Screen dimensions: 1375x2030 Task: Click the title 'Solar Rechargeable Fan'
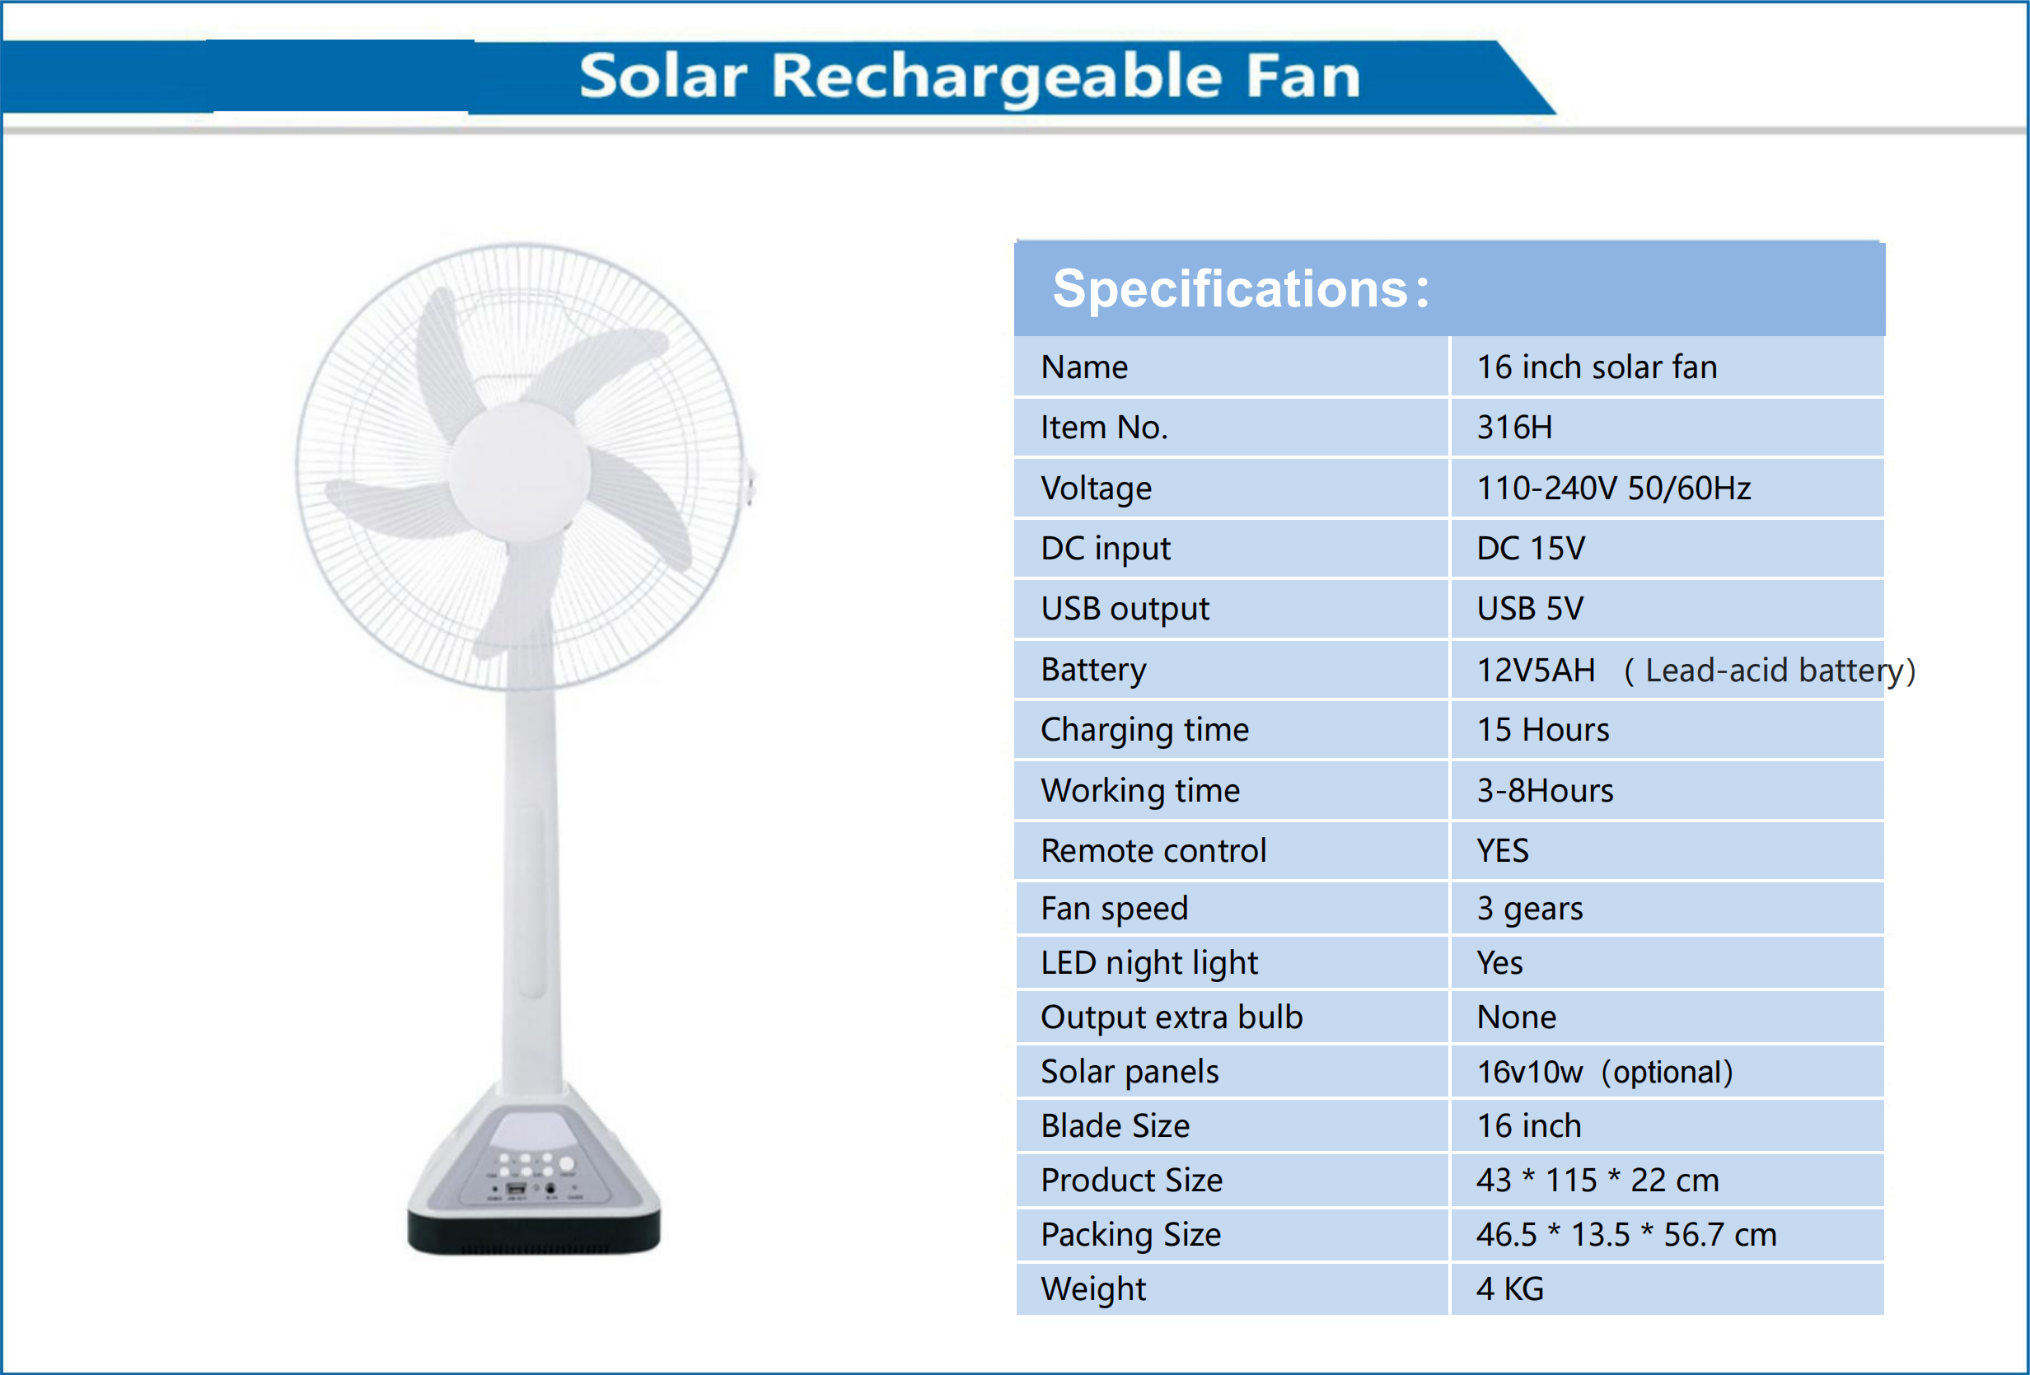[x=970, y=76]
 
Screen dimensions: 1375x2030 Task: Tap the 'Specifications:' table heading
[x=1241, y=289]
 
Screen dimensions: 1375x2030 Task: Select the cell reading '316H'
[x=1514, y=428]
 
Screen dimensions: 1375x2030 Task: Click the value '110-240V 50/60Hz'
[x=1613, y=489]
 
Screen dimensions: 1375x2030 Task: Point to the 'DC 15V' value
[x=1531, y=549]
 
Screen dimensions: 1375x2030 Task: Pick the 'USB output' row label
[x=1125, y=609]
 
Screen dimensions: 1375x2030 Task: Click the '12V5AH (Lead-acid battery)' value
[x=1695, y=670]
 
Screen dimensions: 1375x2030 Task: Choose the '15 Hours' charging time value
[x=1542, y=729]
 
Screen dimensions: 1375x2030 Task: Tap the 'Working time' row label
[x=1140, y=791]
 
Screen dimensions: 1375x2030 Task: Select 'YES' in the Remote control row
[x=1503, y=851]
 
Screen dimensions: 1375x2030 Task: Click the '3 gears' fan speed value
[x=1529, y=909]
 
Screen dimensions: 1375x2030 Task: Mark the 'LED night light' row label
[x=1148, y=963]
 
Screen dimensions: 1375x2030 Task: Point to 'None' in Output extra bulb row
[x=1517, y=1017]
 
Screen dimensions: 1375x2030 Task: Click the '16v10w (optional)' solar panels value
[x=1605, y=1072]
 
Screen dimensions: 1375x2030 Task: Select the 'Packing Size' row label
[x=1130, y=1234]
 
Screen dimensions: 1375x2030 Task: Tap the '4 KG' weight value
[x=1510, y=1289]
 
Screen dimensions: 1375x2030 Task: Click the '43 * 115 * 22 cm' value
[x=1597, y=1181]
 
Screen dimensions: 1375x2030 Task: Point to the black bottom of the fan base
[x=534, y=1233]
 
